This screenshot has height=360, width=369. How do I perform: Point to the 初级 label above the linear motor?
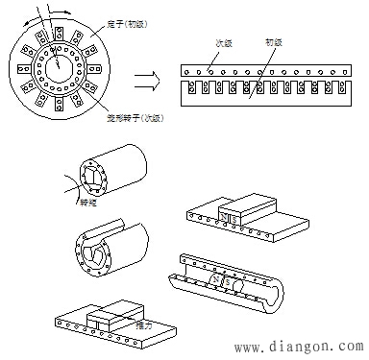tap(273, 43)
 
